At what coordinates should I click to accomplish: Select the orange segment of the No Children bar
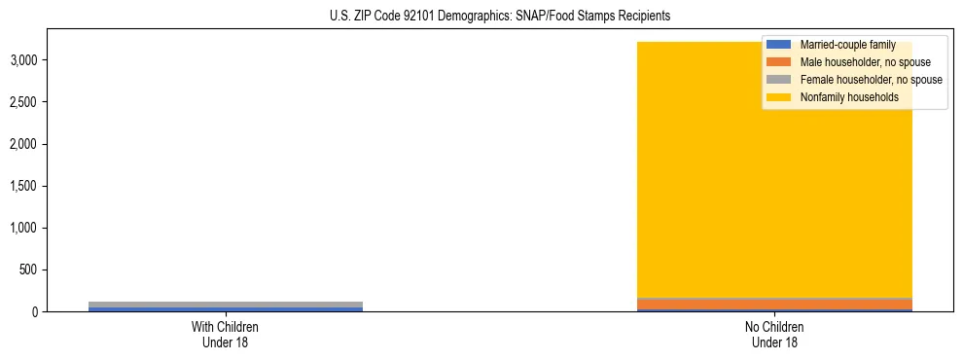coord(774,305)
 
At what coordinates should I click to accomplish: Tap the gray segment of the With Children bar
coord(226,304)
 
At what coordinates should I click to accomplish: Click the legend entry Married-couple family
coord(847,45)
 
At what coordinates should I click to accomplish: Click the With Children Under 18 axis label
coord(226,335)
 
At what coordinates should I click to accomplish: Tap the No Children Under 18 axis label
coord(774,335)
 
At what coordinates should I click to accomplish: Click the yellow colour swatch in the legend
coord(780,97)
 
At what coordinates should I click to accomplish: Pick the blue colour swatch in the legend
coord(780,45)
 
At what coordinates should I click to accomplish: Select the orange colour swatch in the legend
coord(780,62)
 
